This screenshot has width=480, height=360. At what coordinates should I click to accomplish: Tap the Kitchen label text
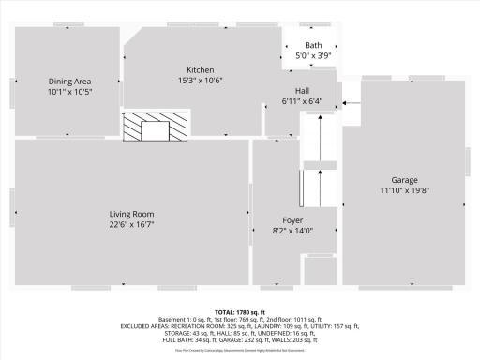pos(201,70)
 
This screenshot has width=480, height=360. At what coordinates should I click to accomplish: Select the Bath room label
pos(313,45)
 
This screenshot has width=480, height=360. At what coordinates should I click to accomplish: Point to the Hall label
pos(302,91)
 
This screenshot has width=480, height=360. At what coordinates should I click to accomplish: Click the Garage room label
pos(404,180)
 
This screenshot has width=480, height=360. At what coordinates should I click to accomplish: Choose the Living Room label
pos(131,214)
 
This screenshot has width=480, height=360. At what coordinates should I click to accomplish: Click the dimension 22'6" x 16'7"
pos(131,225)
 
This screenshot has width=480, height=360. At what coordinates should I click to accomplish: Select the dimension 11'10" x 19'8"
pos(404,191)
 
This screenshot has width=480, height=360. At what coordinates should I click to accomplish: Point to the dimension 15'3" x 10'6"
pos(201,82)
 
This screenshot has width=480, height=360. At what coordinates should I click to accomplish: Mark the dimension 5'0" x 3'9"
pos(313,56)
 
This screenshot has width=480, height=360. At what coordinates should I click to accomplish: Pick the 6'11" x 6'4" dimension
pos(302,101)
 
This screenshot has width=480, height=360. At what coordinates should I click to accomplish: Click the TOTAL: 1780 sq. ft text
pos(240,312)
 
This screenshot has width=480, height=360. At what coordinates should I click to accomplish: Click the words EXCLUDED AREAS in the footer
pos(147,326)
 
